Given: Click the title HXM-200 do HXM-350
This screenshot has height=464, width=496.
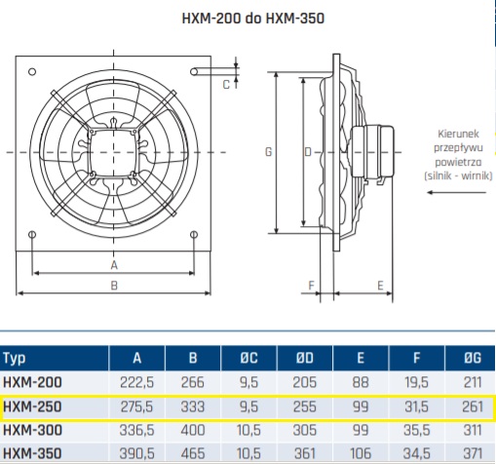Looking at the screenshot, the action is pos(253,19).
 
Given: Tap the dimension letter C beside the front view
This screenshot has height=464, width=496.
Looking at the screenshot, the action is pos(226,85).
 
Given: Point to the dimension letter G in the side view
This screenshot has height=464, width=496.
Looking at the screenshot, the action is pos(269,152).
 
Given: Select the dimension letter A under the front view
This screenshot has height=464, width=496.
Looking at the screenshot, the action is pos(114,265).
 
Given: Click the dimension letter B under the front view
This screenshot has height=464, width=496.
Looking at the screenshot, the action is pos(114,286).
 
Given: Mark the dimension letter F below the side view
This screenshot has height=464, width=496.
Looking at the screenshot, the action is pos(311,286).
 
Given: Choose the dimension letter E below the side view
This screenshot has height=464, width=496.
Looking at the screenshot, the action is pos(380,286).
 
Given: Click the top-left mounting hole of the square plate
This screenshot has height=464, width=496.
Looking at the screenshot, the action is pos(32,71).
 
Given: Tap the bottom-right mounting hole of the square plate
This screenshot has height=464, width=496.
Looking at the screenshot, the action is pos(194,234).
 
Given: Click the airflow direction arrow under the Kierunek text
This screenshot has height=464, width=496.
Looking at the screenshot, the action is pos(456,192).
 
